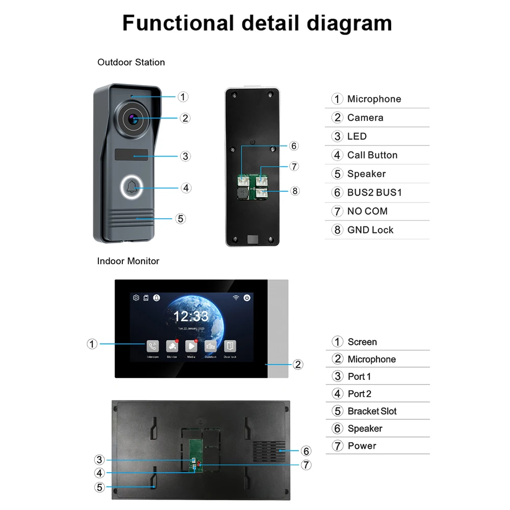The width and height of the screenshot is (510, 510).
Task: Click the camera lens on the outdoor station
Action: pos(133,119)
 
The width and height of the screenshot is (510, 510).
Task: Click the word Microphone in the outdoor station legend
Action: pos(374,99)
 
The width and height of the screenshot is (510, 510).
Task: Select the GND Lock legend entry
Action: pos(370,230)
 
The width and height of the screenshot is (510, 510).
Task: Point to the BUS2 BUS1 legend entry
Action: pos(374,192)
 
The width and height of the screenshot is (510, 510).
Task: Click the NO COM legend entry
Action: pos(367,211)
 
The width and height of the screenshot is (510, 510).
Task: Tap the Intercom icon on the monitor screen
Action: pos(152,346)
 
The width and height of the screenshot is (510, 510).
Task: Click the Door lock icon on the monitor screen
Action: pos(230,346)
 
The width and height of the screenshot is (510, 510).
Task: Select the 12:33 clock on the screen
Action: pos(191,316)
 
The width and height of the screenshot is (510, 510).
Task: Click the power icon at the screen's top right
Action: pos(247,298)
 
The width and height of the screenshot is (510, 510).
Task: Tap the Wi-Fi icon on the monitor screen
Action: pos(236,298)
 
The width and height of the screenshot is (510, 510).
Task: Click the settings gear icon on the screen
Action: pos(136,298)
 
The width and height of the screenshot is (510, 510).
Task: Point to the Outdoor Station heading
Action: pos(131,62)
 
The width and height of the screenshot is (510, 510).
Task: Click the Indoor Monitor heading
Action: pos(128,261)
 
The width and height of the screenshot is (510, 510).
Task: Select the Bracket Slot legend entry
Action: pos(372,411)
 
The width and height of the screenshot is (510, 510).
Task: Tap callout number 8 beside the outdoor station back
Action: pos(295,191)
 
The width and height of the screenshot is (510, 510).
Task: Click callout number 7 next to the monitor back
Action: pos(306,465)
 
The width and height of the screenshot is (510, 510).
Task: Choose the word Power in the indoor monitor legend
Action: pos(362,446)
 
